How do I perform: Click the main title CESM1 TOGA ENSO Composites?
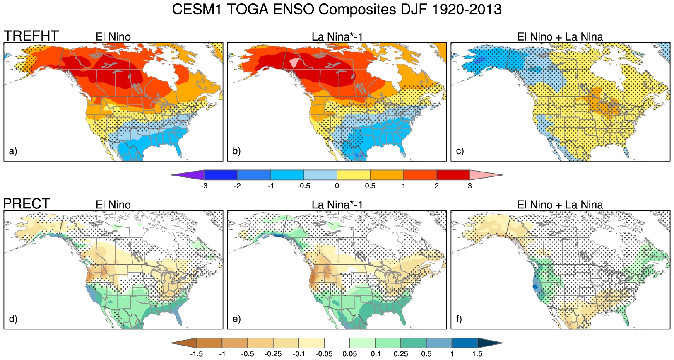(337, 9)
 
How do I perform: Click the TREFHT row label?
(31, 36)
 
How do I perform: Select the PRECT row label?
(26, 204)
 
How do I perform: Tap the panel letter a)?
(13, 151)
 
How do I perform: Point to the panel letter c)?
(460, 151)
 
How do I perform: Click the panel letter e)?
(236, 319)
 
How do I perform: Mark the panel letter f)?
(459, 319)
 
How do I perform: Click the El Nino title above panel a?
(113, 37)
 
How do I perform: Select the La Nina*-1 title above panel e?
(337, 205)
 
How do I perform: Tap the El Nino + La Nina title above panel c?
(560, 37)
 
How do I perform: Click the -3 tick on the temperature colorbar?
(204, 186)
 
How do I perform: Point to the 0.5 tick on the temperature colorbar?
(370, 186)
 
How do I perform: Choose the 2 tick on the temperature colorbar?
(436, 186)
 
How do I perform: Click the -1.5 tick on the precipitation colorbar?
(196, 354)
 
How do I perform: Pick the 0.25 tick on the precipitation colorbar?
(401, 354)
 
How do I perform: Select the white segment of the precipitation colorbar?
(337, 343)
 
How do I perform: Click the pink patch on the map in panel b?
(294, 63)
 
